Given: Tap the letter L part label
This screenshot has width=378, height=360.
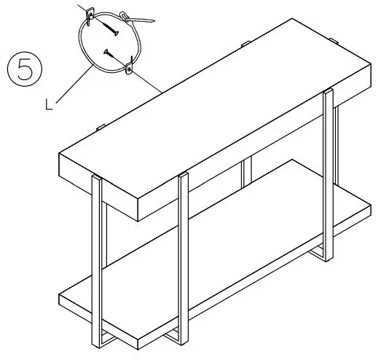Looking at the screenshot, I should [48, 105].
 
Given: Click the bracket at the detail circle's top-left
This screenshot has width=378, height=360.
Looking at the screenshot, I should [90, 15].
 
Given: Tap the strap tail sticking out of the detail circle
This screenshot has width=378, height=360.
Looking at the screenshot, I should [142, 20].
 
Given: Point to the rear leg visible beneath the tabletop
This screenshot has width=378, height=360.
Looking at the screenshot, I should [246, 175].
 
